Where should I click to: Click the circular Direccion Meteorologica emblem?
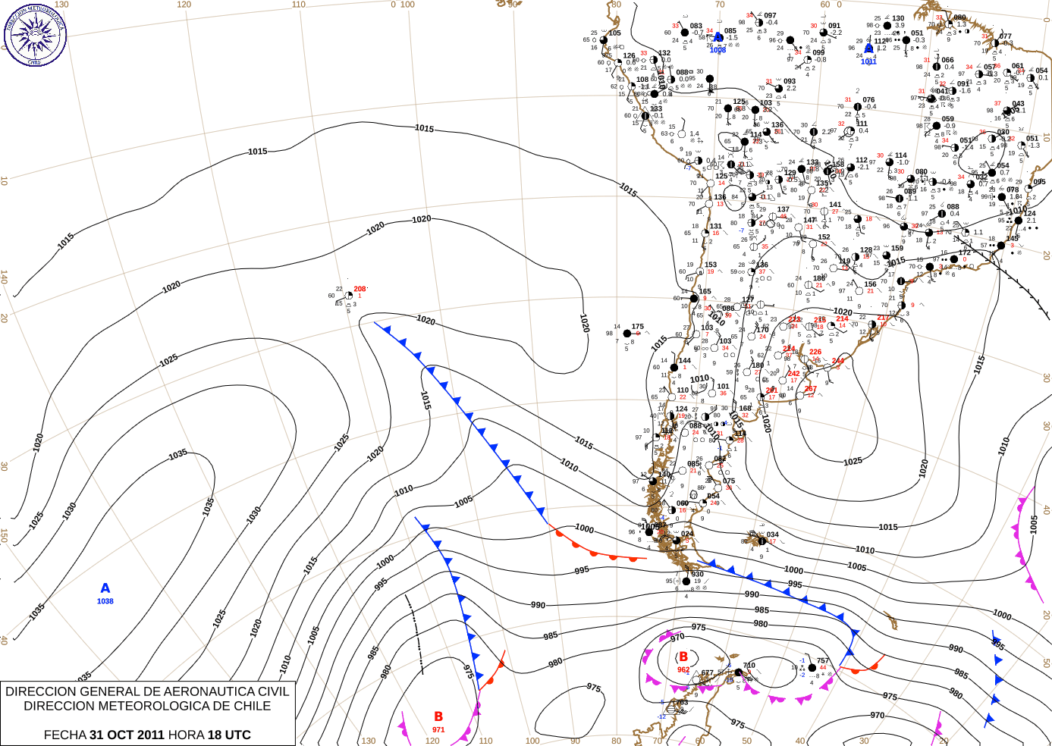(x=35, y=34)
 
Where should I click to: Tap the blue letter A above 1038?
(x=105, y=588)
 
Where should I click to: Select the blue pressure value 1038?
(x=105, y=601)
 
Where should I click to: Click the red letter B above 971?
(x=438, y=716)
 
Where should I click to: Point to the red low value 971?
(x=438, y=729)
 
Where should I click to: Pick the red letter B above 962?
(x=683, y=657)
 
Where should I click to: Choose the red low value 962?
(x=683, y=669)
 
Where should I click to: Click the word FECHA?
(x=65, y=735)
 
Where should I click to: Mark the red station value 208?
(x=360, y=289)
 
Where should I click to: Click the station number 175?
(x=638, y=327)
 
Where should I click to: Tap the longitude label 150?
(x=5, y=535)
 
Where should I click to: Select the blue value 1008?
(x=718, y=50)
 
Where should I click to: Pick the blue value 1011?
(x=868, y=61)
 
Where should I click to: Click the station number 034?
(x=772, y=534)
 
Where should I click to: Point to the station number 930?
(x=698, y=574)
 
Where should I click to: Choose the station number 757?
(x=823, y=661)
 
